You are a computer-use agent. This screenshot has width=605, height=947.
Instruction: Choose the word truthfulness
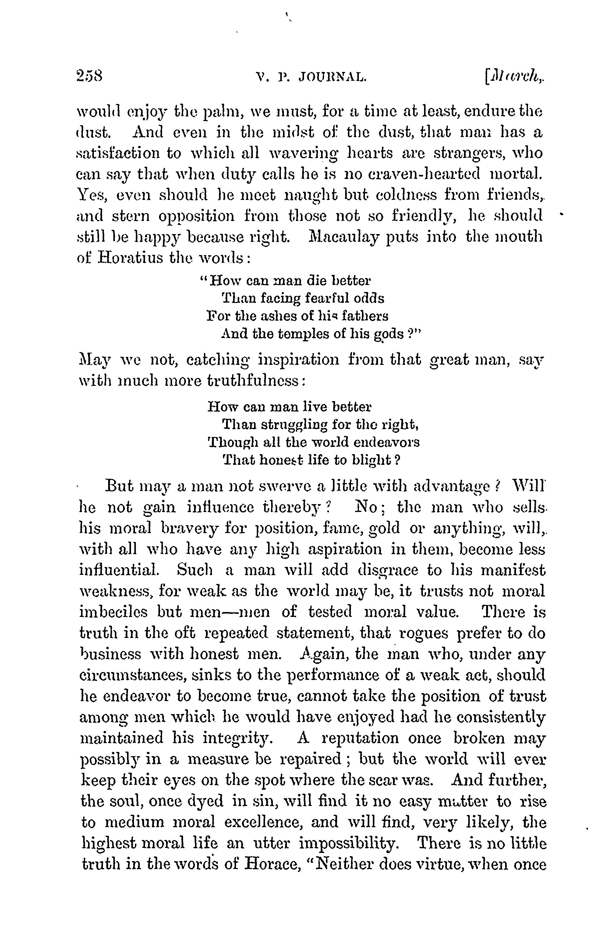253,381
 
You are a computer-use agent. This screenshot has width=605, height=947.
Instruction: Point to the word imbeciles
114,612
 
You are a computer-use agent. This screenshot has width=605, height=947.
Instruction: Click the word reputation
360,738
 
